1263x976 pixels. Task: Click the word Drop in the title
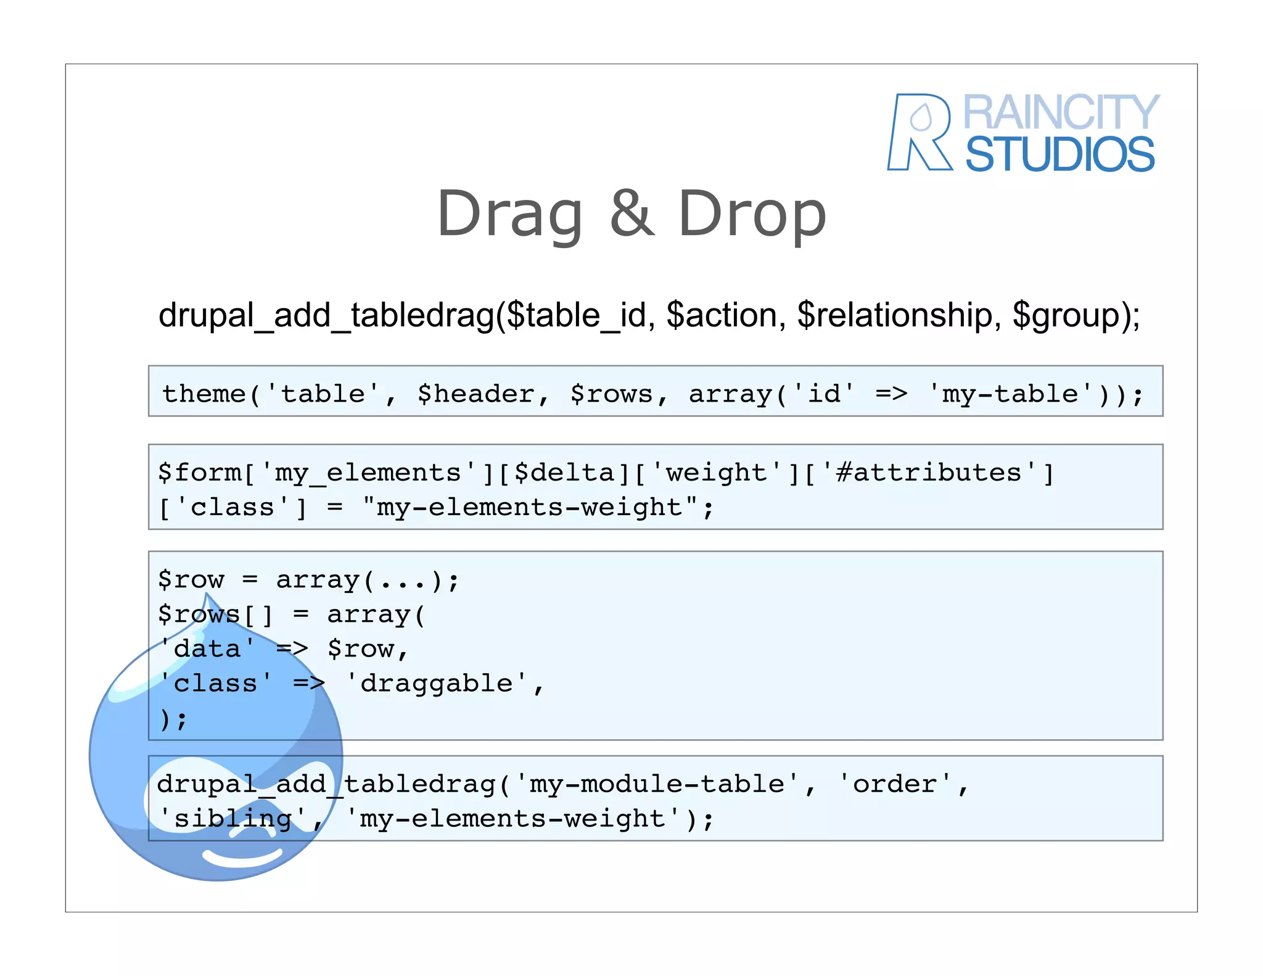(x=752, y=213)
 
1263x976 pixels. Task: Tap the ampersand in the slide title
(x=631, y=212)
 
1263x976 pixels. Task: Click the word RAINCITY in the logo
(x=1061, y=113)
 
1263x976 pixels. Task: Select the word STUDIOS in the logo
(x=1059, y=154)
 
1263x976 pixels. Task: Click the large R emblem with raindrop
(x=919, y=132)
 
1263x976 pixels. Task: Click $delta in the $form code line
(x=564, y=473)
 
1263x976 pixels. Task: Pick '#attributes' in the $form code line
(x=929, y=473)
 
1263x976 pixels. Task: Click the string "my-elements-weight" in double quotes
(x=530, y=508)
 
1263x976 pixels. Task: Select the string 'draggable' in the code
(x=437, y=684)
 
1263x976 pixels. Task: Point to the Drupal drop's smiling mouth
(x=242, y=858)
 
